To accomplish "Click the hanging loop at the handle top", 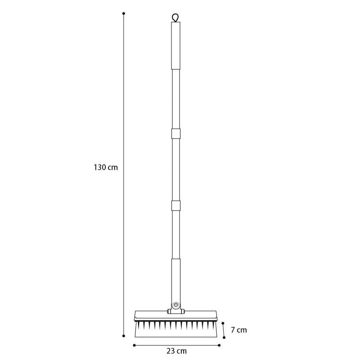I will [x=175, y=18].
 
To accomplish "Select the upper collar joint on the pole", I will [x=175, y=134].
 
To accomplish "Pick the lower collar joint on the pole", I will [x=175, y=205].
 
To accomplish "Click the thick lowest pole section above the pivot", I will [x=175, y=279].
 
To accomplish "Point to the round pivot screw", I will [x=175, y=305].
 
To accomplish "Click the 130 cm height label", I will [x=106, y=167].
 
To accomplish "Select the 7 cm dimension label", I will [x=239, y=330].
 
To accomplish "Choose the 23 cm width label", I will [x=177, y=351].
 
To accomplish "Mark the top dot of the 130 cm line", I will [x=124, y=13].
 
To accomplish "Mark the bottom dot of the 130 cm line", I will [x=124, y=336].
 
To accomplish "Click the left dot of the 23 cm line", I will [x=134, y=346].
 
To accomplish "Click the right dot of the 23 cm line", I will [x=219, y=346].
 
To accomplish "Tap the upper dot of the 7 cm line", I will [x=223, y=323].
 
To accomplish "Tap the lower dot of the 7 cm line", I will [x=224, y=337].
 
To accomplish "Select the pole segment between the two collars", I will [x=175, y=170].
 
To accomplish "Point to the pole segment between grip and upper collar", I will [x=175, y=99].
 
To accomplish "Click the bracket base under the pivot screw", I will [x=175, y=311].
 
